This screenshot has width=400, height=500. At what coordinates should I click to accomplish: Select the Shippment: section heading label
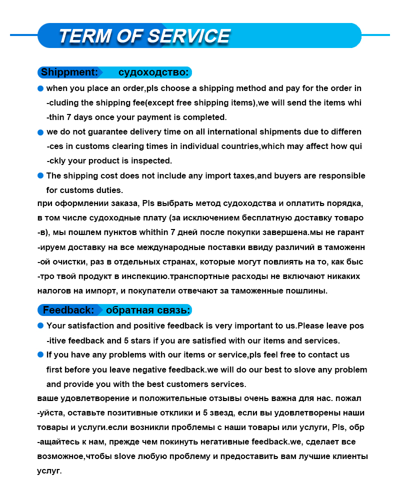(x=69, y=72)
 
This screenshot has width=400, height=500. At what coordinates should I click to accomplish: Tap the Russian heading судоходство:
(x=153, y=72)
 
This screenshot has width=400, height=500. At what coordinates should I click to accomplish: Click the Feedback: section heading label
(x=68, y=310)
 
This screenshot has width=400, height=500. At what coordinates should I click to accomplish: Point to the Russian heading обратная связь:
(x=148, y=310)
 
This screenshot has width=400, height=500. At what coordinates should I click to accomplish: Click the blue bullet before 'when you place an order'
(x=40, y=88)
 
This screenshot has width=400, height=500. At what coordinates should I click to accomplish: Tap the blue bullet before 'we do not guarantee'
(x=40, y=132)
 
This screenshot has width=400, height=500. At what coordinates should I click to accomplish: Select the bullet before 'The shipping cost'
(x=40, y=175)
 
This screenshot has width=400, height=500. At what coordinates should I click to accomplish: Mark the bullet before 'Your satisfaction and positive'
(x=40, y=325)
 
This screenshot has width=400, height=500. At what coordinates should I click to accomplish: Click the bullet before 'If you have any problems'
(x=40, y=354)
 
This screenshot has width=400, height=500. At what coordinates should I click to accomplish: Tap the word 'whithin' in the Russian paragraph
(x=153, y=232)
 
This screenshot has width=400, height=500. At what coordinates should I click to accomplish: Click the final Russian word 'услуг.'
(x=49, y=471)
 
